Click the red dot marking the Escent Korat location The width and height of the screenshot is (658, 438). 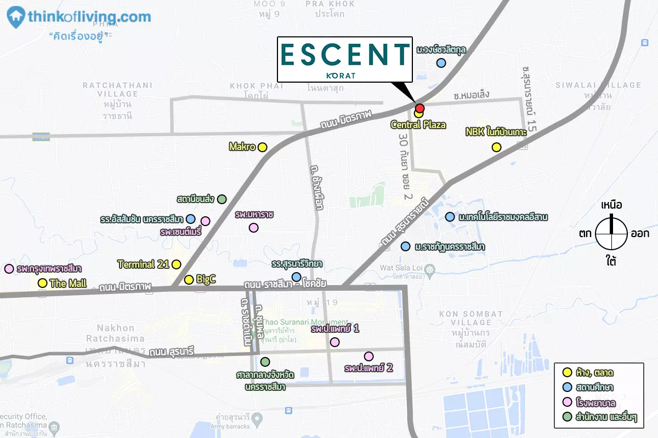(419, 108)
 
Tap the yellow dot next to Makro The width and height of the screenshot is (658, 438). (262, 147)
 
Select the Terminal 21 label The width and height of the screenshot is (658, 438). (144, 264)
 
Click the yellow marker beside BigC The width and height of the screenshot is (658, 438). (189, 280)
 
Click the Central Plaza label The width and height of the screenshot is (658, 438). (418, 125)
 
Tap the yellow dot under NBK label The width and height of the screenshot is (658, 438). (496, 147)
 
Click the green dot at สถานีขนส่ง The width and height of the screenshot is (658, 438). (222, 199)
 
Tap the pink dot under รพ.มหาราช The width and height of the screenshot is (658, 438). (253, 228)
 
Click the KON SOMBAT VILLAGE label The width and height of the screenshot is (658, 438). (470, 318)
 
